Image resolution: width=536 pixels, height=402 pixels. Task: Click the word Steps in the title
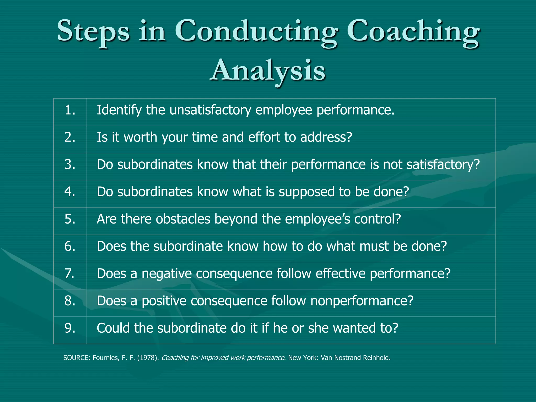point(93,31)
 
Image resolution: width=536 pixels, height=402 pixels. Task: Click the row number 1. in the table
point(70,110)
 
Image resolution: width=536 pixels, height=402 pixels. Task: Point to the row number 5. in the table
point(70,219)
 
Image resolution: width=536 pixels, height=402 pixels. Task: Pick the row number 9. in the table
point(70,328)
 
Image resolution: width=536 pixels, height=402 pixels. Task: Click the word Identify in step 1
point(119,110)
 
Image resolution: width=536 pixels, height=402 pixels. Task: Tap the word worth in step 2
point(140,137)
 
